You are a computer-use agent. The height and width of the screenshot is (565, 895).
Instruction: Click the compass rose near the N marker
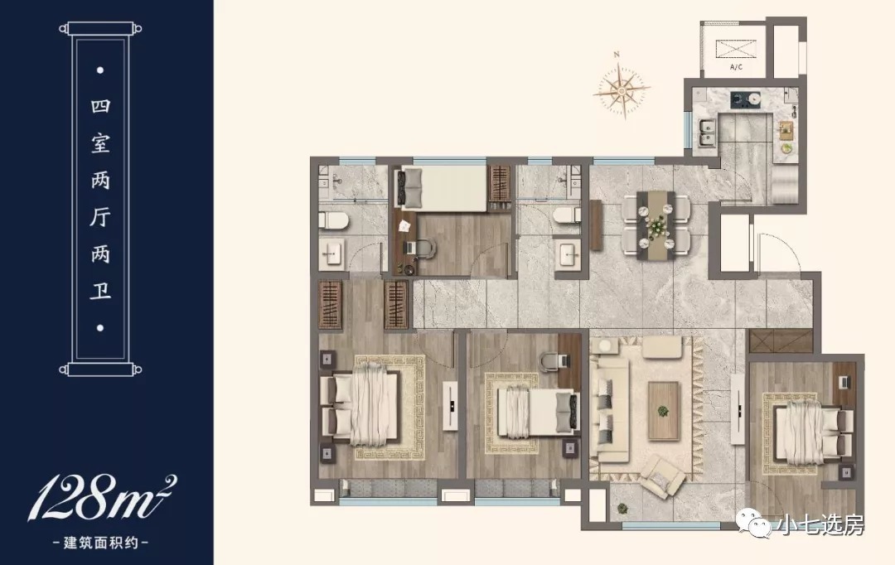click(x=622, y=89)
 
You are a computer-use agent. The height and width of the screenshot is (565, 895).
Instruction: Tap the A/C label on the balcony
click(x=737, y=67)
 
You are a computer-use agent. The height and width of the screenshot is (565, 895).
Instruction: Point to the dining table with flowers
click(x=656, y=225)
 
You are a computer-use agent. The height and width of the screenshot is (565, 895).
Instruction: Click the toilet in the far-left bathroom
click(x=334, y=220)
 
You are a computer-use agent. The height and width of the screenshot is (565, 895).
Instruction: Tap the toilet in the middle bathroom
click(x=567, y=215)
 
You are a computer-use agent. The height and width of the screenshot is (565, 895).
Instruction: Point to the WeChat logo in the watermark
click(x=754, y=524)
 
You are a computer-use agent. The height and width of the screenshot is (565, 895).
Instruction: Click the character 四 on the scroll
click(x=100, y=106)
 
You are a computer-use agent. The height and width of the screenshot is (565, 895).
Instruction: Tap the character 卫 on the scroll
click(x=100, y=291)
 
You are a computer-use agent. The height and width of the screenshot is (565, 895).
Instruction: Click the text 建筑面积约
click(x=100, y=543)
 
